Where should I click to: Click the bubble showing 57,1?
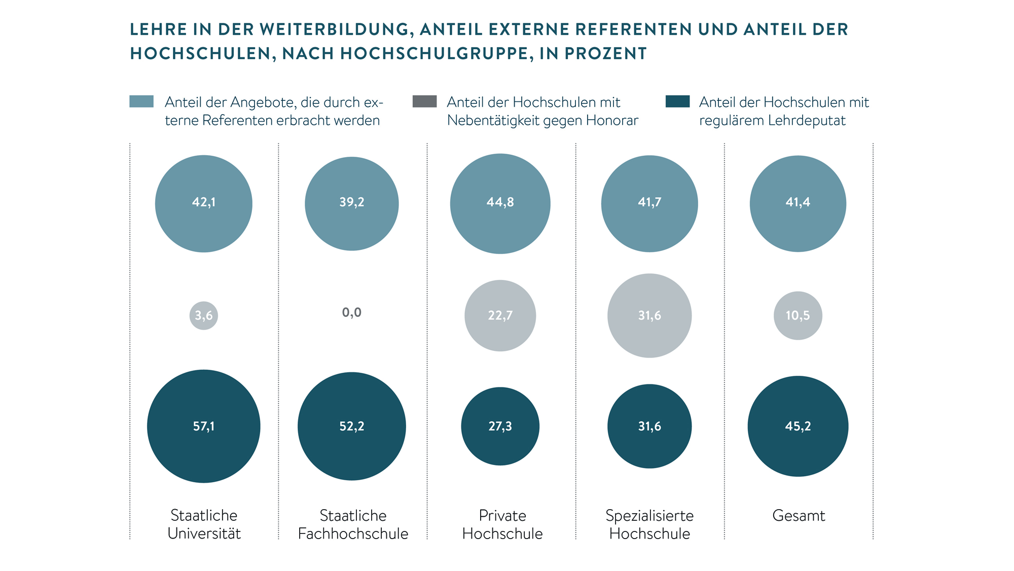(x=204, y=426)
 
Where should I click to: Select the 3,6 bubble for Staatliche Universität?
(x=204, y=315)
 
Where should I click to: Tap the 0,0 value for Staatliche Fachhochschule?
(x=352, y=312)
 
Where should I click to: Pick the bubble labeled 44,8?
(x=500, y=203)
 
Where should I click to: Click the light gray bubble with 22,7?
(x=500, y=315)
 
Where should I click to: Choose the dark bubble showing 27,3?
(x=500, y=426)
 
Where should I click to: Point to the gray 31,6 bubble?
(x=649, y=315)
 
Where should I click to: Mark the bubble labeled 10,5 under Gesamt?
(x=798, y=315)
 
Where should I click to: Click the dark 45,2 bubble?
(x=798, y=426)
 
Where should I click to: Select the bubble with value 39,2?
(x=352, y=203)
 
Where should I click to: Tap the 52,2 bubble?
(x=352, y=426)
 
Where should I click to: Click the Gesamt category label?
(x=799, y=516)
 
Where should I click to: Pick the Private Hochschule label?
(x=502, y=524)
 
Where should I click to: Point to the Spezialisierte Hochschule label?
(x=649, y=524)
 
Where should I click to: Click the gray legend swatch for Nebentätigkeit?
(x=425, y=101)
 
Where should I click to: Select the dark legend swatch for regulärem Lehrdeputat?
(x=677, y=101)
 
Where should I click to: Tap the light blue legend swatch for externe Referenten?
(x=141, y=101)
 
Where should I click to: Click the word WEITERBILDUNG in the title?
(x=334, y=29)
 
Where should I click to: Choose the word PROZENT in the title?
(x=606, y=54)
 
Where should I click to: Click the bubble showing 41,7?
(x=649, y=203)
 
